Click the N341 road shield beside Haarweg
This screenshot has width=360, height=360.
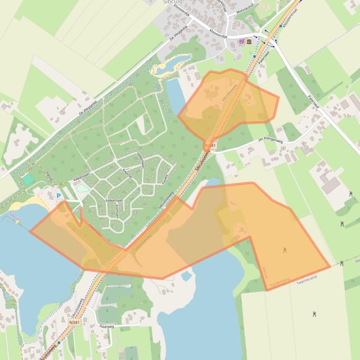click(74, 322)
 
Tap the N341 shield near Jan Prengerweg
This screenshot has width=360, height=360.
click(211, 146)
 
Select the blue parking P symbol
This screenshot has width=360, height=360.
click(58, 196)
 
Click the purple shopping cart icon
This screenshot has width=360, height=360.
click(241, 42)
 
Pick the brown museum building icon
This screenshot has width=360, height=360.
click(249, 42)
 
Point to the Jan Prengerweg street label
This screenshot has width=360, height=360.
click(271, 139)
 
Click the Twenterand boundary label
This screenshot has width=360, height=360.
click(307, 277)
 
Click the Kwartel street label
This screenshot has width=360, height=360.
click(128, 173)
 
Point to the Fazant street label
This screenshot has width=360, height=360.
click(165, 179)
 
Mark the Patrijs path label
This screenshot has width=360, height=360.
click(49, 176)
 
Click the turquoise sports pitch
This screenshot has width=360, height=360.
click(28, 179)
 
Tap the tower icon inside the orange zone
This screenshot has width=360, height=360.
click(285, 251)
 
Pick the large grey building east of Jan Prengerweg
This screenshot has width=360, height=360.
click(331, 185)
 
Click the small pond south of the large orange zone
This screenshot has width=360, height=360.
click(187, 276)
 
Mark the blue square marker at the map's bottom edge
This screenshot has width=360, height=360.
click(59, 342)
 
